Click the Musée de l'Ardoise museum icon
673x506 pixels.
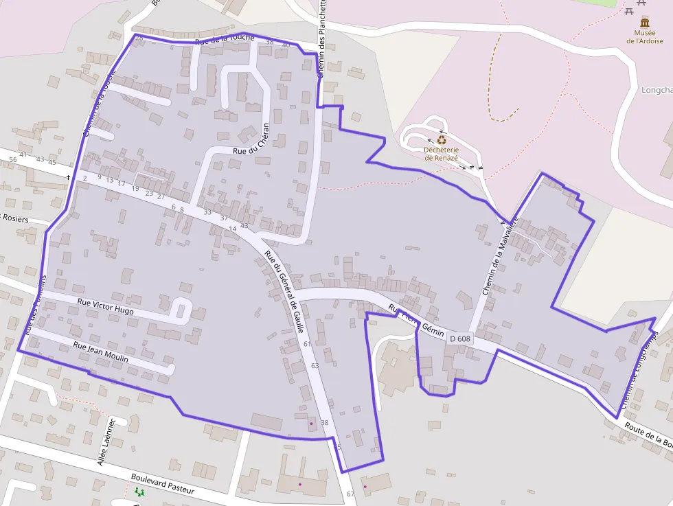pos(644,22)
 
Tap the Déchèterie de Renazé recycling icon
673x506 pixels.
pos(441,139)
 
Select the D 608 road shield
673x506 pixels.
pos(461,338)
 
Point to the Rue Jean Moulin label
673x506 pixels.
pos(100,353)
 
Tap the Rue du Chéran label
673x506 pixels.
pos(251,140)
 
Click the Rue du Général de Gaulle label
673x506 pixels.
pos(284,292)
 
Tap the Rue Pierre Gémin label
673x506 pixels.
pos(417,320)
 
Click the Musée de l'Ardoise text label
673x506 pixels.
pos(644,36)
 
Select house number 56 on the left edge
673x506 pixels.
pos(12,159)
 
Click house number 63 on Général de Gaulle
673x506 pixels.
pos(315,365)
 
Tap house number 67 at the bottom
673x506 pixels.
pos(351,494)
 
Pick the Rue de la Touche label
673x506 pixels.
pos(225,39)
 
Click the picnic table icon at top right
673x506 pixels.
pos(628,8)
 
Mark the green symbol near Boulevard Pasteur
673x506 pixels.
pos(139,492)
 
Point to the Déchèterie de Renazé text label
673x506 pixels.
pos(441,153)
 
